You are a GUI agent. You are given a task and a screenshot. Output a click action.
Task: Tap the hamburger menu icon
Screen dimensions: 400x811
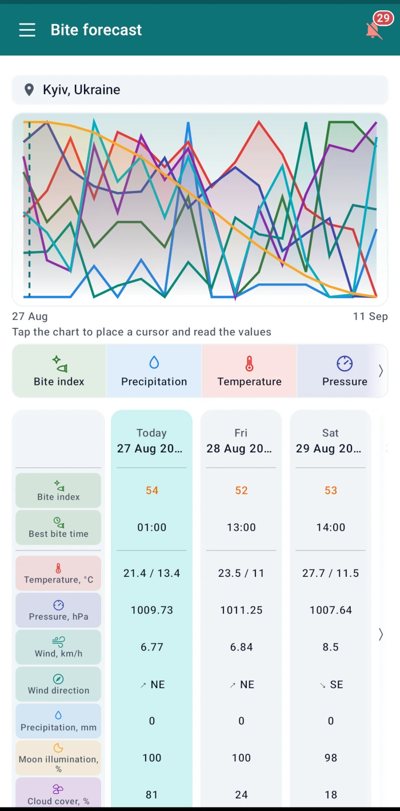27,30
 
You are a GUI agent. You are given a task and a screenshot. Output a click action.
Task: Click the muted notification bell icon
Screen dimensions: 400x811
374,31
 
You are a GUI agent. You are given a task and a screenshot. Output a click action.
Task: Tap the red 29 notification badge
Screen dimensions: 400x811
383,18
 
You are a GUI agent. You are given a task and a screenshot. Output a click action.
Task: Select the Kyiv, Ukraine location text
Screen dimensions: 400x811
82,90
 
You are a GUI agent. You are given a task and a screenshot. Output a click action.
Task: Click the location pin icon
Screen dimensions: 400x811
29,90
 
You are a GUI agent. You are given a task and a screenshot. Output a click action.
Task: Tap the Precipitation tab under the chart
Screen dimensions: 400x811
154,371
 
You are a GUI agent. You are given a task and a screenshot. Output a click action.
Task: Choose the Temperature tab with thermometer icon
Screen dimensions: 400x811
249,371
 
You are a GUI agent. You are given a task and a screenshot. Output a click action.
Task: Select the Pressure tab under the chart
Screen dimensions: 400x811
345,371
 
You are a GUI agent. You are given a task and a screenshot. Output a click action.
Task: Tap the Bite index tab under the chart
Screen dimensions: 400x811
59,371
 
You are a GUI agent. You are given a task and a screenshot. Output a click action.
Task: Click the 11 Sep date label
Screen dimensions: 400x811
370,316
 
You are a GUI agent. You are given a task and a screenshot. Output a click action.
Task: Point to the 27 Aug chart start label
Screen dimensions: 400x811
30,316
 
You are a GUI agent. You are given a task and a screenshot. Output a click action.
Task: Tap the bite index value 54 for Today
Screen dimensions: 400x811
152,491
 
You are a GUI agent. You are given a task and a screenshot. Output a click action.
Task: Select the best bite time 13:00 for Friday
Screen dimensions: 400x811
241,527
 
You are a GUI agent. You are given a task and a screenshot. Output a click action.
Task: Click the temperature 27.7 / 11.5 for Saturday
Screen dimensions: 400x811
330,573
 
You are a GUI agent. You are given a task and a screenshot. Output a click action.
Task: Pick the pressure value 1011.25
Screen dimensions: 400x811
241,610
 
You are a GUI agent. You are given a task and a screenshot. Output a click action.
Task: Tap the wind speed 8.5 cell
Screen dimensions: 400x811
330,647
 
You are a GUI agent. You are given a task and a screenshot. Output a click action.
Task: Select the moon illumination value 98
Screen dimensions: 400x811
330,758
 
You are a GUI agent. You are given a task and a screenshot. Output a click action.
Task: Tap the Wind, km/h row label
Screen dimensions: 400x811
58,647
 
